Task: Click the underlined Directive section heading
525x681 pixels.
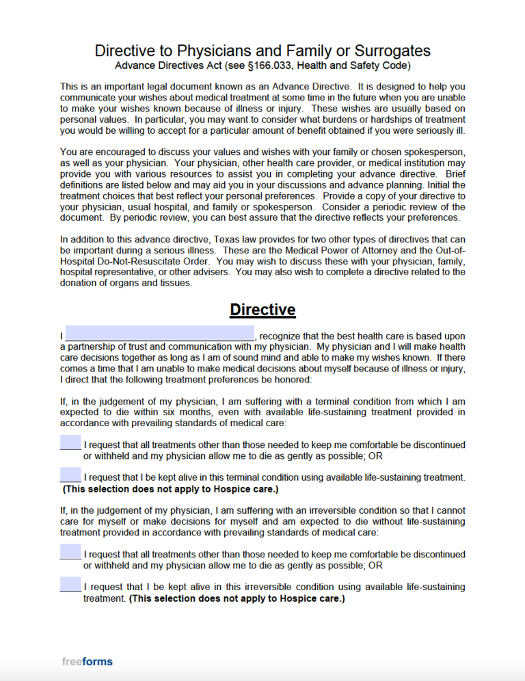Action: (262, 309)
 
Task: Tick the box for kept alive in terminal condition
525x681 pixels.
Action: (70, 474)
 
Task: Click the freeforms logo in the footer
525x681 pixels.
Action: (87, 661)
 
